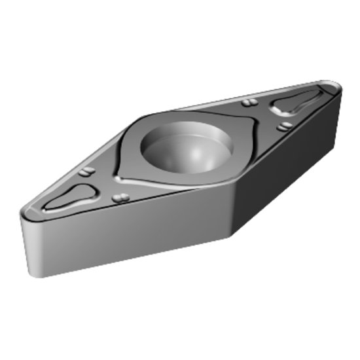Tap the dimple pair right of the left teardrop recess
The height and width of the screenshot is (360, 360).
point(119,198)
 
